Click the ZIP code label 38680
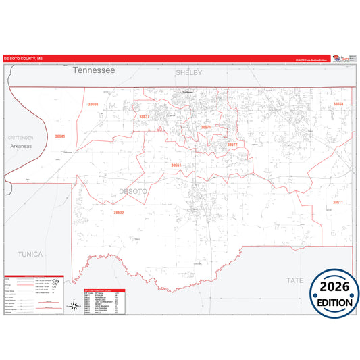tap(93, 105)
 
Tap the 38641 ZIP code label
tap(60, 136)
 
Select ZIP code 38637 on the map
tap(144, 117)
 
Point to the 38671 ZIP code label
tap(206, 127)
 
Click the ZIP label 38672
tap(232, 145)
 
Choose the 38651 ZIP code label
tap(176, 165)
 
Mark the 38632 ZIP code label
tap(119, 213)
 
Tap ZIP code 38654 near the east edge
tap(338, 104)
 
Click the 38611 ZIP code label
tap(337, 203)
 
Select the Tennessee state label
tap(95, 70)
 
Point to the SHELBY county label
tap(189, 72)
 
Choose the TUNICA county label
tap(30, 254)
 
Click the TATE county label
tap(295, 280)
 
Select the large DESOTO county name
tap(132, 192)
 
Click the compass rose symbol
tap(72, 307)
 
